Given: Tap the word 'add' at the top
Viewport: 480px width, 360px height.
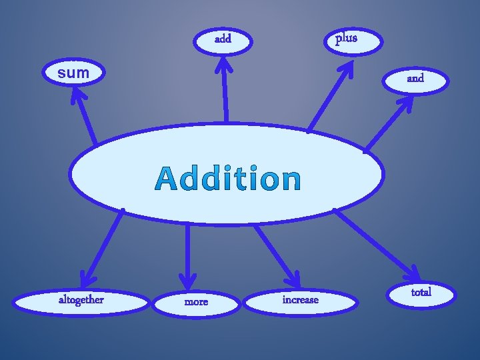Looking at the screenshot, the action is [x=223, y=39].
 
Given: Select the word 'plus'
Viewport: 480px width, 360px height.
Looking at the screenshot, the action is [x=346, y=38].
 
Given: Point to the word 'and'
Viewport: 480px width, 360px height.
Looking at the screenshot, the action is [x=415, y=78].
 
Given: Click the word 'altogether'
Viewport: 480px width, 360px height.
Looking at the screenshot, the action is [x=81, y=300].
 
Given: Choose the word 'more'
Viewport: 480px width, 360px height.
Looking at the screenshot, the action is [x=196, y=302].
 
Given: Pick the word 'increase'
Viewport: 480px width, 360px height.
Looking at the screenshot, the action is [x=300, y=300].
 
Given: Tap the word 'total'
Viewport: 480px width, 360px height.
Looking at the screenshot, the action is [x=421, y=292].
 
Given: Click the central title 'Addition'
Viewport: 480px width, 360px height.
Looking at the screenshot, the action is [x=228, y=179].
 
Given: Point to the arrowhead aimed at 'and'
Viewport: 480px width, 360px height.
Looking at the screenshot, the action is [x=406, y=105].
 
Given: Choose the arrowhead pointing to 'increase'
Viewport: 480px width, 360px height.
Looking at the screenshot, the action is [x=294, y=281].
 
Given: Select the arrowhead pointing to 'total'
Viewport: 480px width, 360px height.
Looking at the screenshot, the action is [x=414, y=273].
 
